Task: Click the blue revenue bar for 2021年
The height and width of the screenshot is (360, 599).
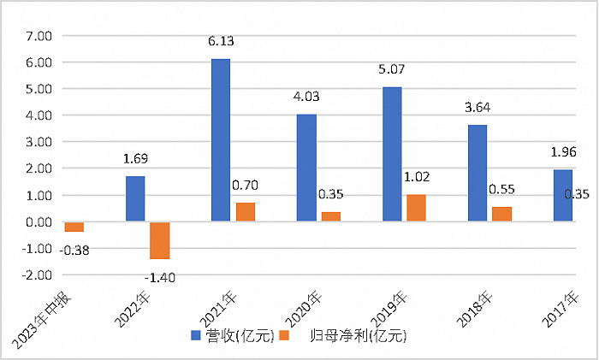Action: (x=221, y=140)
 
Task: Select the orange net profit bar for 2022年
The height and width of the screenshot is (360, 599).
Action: (x=160, y=240)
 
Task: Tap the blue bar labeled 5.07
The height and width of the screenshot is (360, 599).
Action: (x=392, y=154)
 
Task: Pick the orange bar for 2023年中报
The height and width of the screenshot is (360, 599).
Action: (x=74, y=227)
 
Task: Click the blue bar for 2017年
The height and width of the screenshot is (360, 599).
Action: (x=563, y=195)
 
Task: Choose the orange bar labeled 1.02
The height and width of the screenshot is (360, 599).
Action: (x=417, y=208)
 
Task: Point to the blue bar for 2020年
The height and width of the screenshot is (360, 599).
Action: (x=306, y=168)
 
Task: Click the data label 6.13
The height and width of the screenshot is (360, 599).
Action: (x=221, y=40)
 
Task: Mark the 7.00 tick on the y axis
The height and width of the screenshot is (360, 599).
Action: (x=39, y=36)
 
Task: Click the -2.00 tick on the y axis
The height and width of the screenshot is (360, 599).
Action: (x=38, y=275)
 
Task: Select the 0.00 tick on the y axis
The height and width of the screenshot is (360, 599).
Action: (x=39, y=222)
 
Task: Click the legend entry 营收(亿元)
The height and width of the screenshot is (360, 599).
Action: (x=239, y=337)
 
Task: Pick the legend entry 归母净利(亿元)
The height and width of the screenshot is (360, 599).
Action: (x=353, y=337)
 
